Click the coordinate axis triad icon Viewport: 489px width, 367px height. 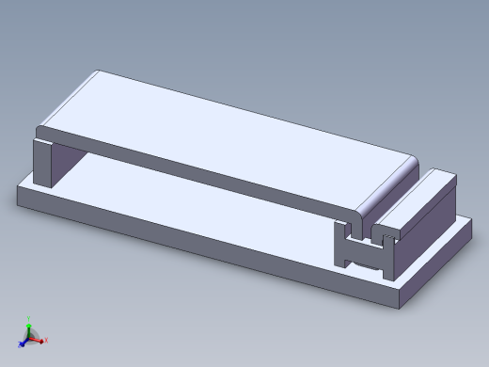click(32, 334)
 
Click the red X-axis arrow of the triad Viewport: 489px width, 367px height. click(42, 340)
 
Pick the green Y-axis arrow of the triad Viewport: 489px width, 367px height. click(29, 323)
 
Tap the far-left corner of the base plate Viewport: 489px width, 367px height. click(19, 189)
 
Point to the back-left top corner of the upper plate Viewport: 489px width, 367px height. click(96, 72)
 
